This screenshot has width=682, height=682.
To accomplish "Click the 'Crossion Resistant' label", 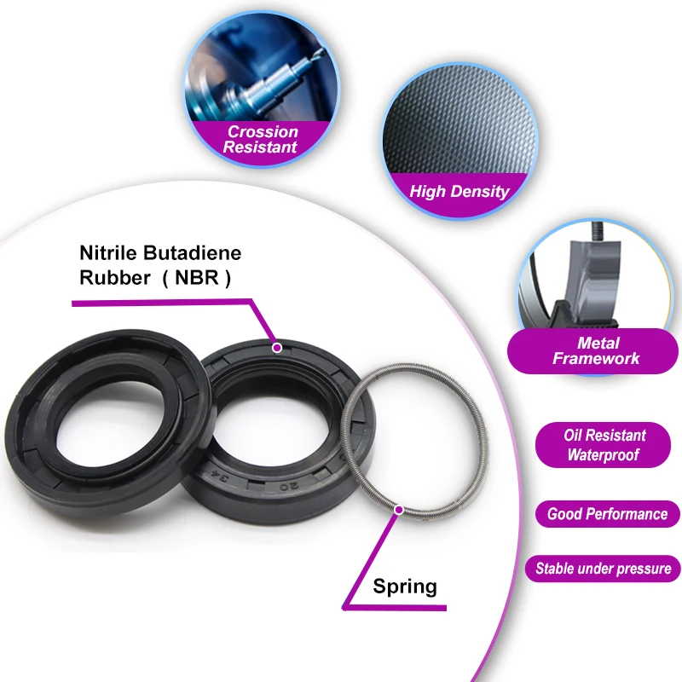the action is [262, 139].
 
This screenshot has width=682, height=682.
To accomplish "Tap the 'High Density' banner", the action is [459, 191].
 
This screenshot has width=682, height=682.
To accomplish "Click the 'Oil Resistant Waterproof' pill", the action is [604, 445].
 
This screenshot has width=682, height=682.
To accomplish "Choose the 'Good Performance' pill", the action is [607, 514].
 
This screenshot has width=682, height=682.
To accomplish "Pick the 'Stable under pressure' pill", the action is [603, 568].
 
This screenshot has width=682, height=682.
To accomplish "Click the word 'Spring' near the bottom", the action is [405, 587].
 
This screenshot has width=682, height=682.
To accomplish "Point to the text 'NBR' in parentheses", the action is [203, 278].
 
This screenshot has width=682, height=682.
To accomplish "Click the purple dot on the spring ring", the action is [398, 510].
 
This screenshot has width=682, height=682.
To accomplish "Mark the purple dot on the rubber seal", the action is [276, 347].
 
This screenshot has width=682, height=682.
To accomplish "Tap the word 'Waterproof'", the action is [604, 455].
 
